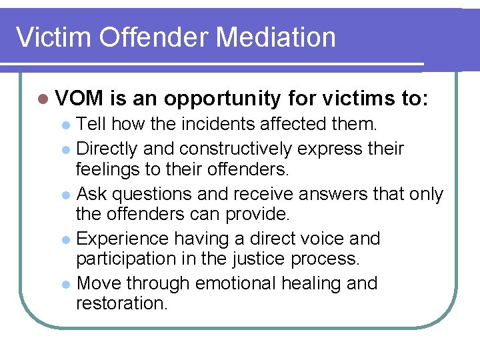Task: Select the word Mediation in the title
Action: [276, 37]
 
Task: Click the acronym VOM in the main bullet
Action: [80, 99]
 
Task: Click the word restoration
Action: [121, 303]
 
